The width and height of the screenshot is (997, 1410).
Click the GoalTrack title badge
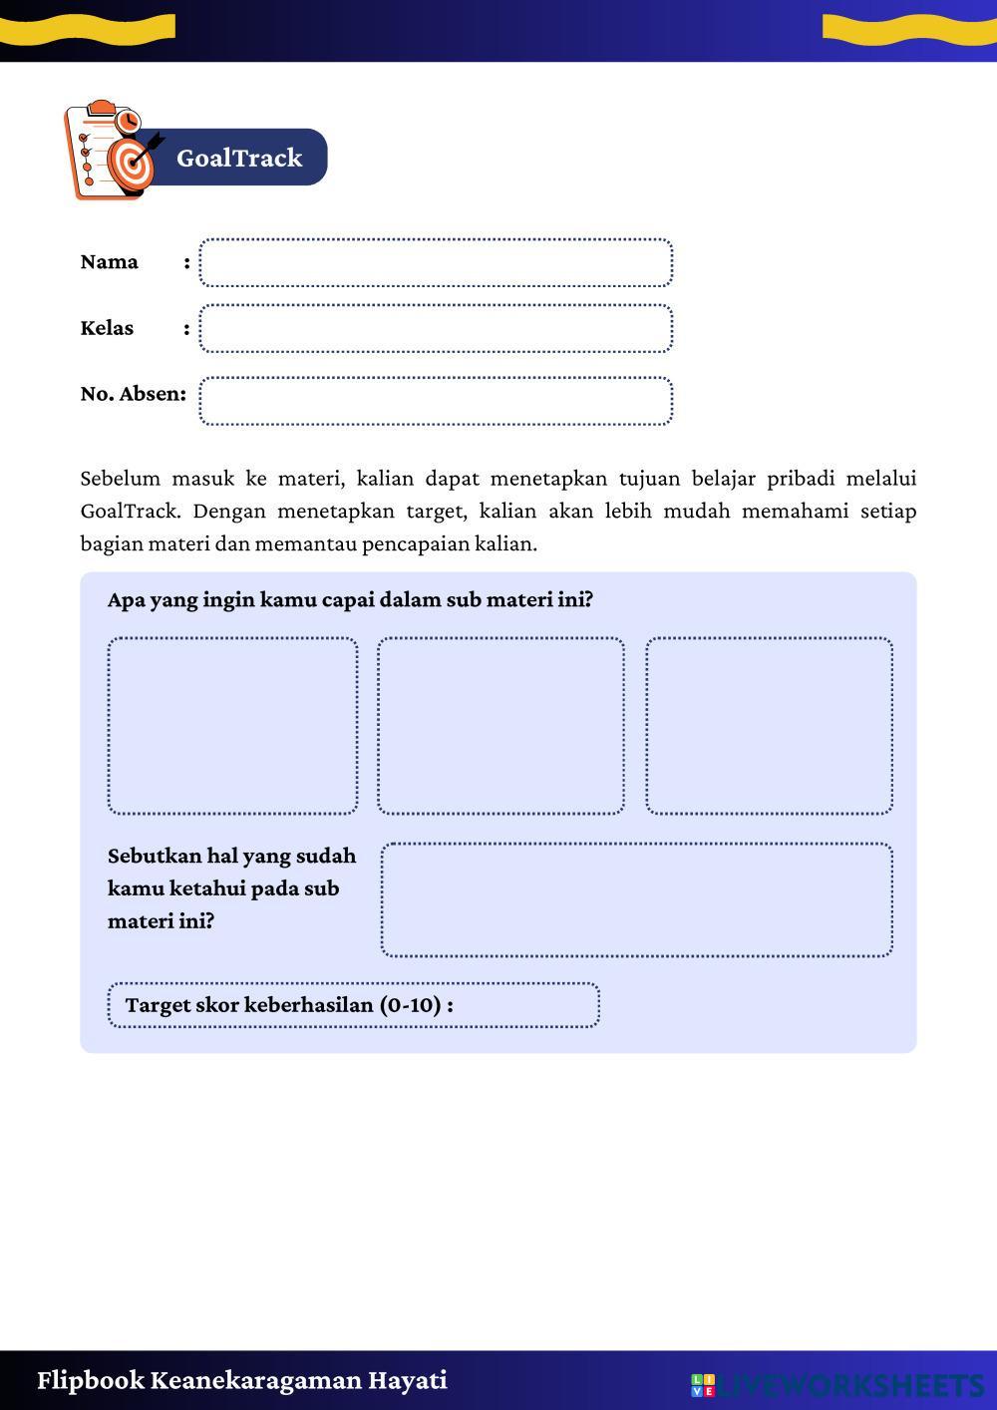239,158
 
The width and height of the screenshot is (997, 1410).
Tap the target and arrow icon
132,162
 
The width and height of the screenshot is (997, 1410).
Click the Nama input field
436,263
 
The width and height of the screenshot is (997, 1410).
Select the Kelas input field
436,329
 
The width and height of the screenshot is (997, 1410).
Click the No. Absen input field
436,401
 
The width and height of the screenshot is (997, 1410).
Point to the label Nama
109,262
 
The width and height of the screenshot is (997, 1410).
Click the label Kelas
107,328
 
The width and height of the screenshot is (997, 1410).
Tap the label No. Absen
133,394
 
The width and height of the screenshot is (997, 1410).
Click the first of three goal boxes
232,726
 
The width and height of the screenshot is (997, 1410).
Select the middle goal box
500,726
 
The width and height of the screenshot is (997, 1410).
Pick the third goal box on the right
769,726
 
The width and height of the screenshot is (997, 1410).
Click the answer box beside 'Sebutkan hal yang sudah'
636,899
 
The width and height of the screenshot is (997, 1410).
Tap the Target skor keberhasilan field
353,1005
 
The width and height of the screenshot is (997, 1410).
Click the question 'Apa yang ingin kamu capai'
350,600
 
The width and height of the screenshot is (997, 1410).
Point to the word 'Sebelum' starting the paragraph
115,479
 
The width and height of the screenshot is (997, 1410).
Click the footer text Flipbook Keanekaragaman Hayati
242,1380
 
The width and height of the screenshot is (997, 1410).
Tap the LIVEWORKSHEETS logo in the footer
837,1385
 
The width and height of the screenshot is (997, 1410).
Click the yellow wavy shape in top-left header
88,29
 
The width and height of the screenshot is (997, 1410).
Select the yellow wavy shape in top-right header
908,29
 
